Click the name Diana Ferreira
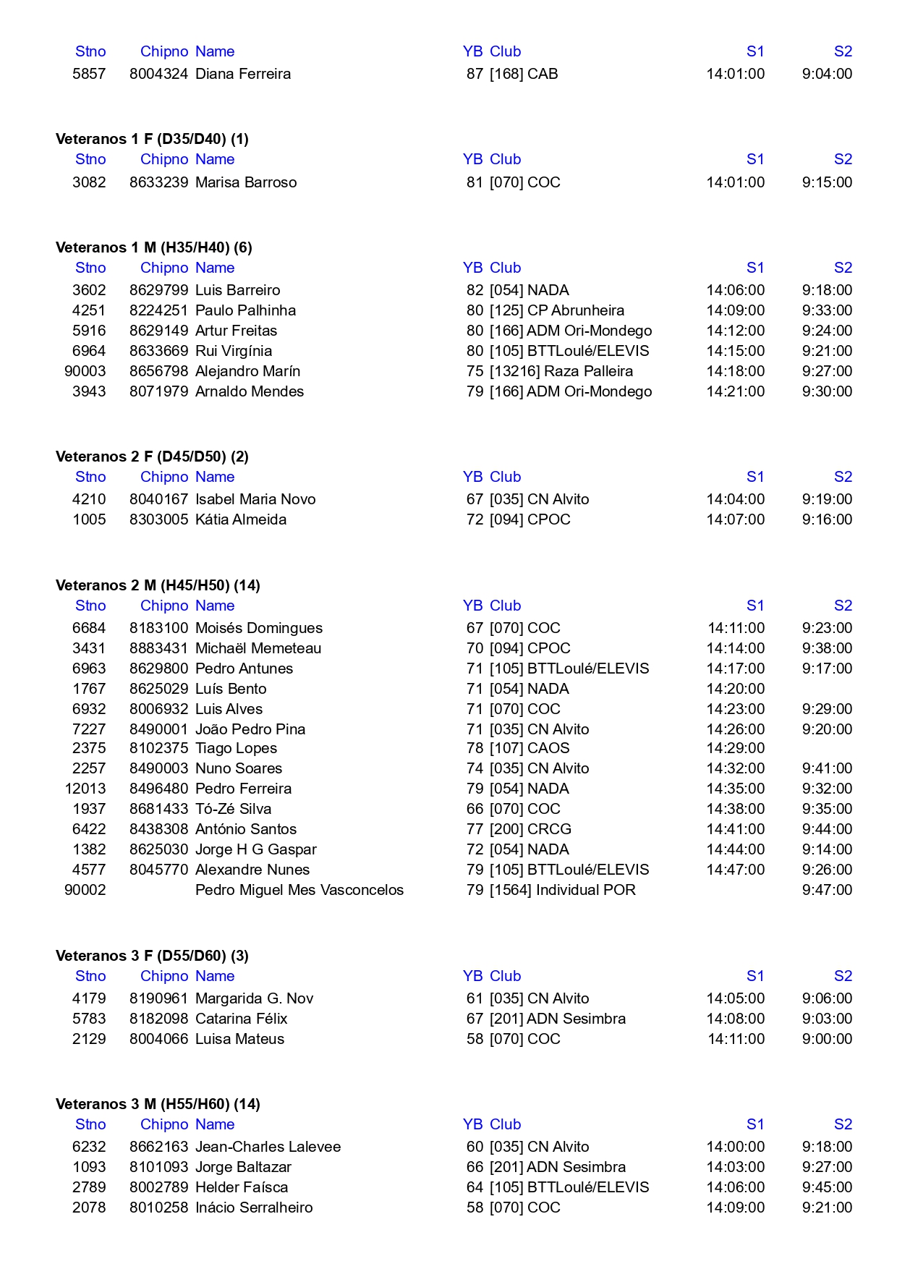click(x=243, y=74)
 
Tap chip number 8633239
click(x=158, y=182)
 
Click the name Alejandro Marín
click(x=247, y=371)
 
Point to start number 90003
click(x=85, y=371)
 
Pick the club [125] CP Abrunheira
click(x=556, y=310)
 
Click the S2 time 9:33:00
click(x=827, y=310)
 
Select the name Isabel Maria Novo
click(x=255, y=499)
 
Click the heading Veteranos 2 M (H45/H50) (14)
click(x=158, y=585)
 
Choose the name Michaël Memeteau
click(x=258, y=648)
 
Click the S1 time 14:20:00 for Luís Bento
click(x=735, y=689)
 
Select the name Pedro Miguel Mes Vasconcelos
click(x=299, y=890)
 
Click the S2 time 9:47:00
click(x=827, y=890)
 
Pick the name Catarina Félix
click(x=241, y=1019)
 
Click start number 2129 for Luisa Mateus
click(x=89, y=1039)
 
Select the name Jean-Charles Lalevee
click(x=268, y=1147)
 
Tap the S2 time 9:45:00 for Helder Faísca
click(x=827, y=1187)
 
